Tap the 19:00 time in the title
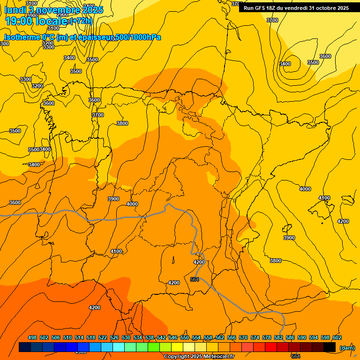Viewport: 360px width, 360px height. point(19,21)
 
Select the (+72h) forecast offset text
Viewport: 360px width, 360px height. point(81,21)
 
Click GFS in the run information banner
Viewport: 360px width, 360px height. point(263,8)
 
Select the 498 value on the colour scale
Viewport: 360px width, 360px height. point(32,337)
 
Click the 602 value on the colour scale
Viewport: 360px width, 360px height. point(337,337)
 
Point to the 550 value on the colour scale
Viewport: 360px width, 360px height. point(185,337)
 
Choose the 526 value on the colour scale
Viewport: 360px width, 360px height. point(114,337)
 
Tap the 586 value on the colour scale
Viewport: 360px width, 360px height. point(290,337)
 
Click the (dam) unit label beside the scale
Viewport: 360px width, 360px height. point(347,348)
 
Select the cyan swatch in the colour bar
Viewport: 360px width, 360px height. point(119,347)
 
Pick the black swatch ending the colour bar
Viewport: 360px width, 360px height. point(330,347)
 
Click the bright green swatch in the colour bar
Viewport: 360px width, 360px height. point(154,347)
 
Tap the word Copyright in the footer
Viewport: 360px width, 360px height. point(176,357)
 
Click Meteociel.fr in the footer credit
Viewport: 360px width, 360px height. point(218,357)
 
